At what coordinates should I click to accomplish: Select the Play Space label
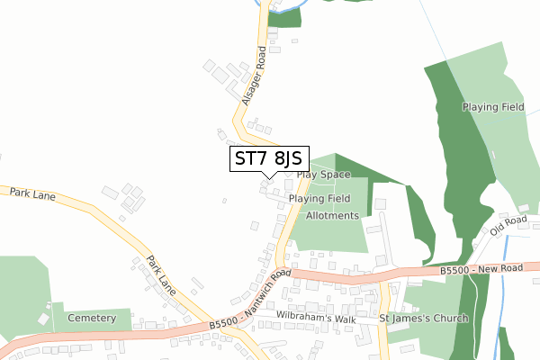click(x=322, y=174)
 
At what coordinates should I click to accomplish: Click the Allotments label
click(x=332, y=216)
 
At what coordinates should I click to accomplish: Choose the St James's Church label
click(x=423, y=319)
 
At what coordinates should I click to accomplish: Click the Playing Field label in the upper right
click(x=493, y=107)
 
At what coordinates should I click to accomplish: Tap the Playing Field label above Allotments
click(x=319, y=198)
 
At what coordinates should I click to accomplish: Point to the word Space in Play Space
click(x=336, y=174)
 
